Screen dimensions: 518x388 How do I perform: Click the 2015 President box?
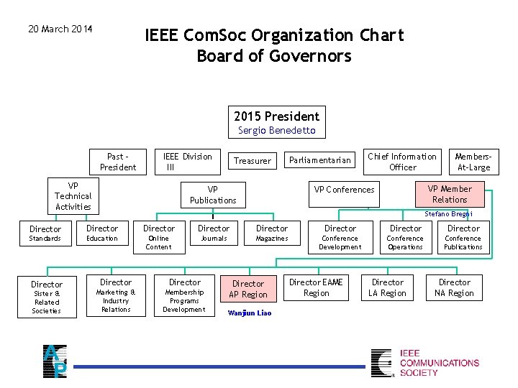click(276, 116)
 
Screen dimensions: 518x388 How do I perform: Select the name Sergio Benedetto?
click(276, 131)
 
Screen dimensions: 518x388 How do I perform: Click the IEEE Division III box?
click(187, 162)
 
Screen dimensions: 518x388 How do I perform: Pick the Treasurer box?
click(253, 161)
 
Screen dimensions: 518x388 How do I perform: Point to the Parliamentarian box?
click(320, 160)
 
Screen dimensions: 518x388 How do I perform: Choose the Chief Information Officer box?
click(402, 162)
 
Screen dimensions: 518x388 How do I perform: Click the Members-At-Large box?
click(473, 162)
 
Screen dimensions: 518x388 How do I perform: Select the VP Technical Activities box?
click(73, 196)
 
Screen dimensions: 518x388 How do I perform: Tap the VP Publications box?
click(213, 195)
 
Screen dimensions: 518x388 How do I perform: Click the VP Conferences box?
click(344, 190)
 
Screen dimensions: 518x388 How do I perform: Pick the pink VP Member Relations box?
click(450, 194)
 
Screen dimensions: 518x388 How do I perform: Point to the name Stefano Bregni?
click(448, 214)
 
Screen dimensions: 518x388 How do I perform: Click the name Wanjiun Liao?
click(249, 313)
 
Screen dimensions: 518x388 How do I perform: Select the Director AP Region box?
click(248, 289)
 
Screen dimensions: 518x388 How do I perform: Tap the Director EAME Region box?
click(317, 287)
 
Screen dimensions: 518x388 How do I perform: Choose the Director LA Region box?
click(387, 287)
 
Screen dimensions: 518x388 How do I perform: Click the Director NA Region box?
click(455, 287)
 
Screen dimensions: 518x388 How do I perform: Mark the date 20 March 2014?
click(60, 29)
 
